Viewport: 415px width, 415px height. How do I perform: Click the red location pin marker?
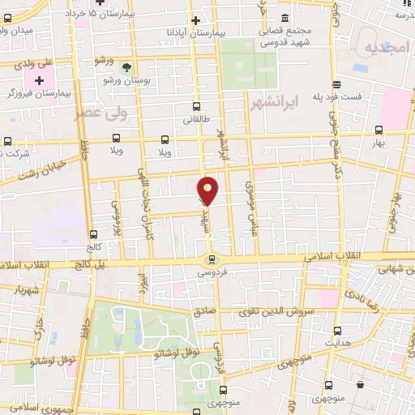pyautogui.click(x=208, y=190)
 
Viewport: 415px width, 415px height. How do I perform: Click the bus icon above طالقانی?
pyautogui.click(x=196, y=105)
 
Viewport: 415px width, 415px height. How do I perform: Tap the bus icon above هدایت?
pyautogui.click(x=329, y=329)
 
